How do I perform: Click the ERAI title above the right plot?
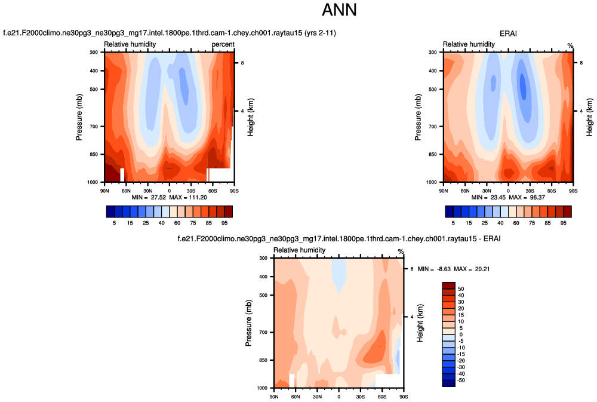tap(508, 33)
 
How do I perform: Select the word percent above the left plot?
tap(223, 44)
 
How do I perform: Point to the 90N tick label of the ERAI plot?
tap(444, 191)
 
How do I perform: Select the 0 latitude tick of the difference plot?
tap(339, 397)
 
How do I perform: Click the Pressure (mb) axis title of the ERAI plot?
tap(418, 117)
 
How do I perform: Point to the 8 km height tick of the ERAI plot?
tap(581, 63)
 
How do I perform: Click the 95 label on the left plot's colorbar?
tap(224, 222)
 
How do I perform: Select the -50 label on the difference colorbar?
tap(461, 380)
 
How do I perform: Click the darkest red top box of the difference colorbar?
tap(448, 285)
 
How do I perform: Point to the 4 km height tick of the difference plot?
tap(411, 317)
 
